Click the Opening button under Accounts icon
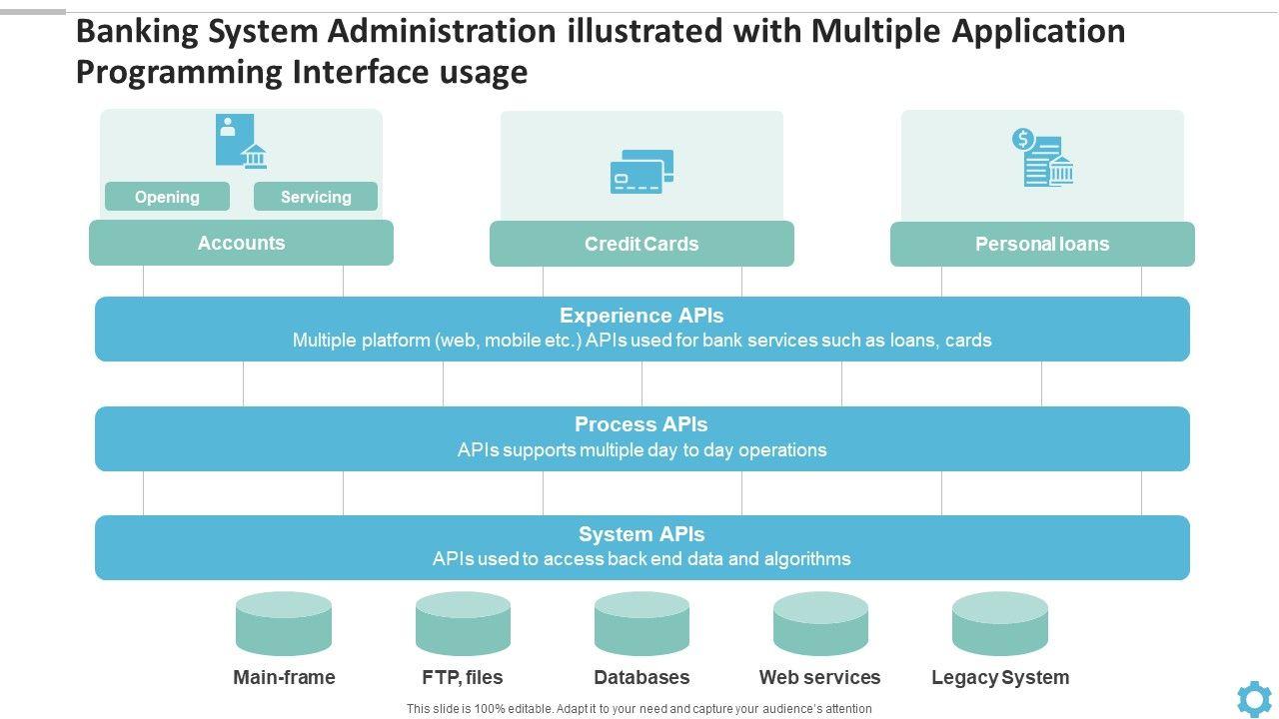point(167,197)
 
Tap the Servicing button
point(316,197)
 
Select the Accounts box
point(241,243)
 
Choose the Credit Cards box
point(641,244)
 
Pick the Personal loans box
point(1042,244)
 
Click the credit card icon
point(641,172)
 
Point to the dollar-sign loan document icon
point(1042,158)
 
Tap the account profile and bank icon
point(241,141)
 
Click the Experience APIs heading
point(641,316)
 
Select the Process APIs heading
point(641,424)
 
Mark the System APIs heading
point(641,534)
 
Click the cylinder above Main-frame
point(284,623)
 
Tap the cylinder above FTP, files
point(463,623)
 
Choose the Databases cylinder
point(641,623)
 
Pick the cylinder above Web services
point(820,623)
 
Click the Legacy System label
point(1000,677)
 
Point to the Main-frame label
point(284,677)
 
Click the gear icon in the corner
point(1254,698)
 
